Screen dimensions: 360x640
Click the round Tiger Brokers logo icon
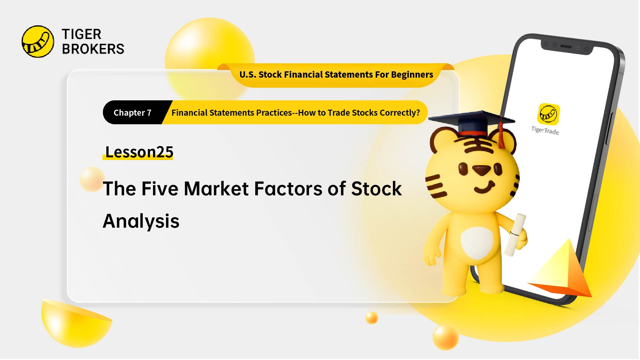tap(38, 42)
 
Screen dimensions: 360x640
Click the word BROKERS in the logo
tap(93, 49)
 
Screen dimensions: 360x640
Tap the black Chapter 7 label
tap(133, 113)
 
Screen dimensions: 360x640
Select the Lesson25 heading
tap(139, 152)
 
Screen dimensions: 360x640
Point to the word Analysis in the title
tap(141, 221)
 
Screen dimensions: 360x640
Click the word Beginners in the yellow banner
tap(412, 75)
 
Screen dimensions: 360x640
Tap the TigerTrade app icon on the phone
tap(548, 114)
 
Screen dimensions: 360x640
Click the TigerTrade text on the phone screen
tap(545, 130)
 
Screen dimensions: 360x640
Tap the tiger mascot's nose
tap(481, 170)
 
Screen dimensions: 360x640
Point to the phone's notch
tap(566, 47)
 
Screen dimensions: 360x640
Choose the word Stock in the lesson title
tap(376, 189)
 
